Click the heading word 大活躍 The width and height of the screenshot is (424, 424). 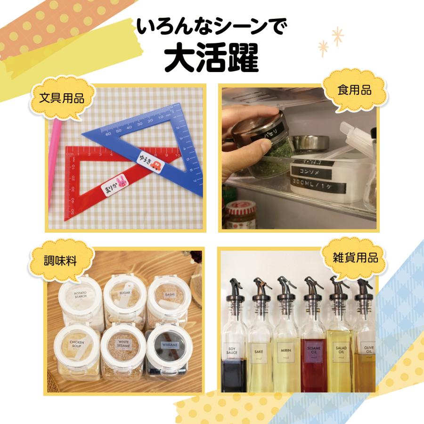[x=212, y=58]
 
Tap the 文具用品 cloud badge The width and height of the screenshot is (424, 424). [x=62, y=99]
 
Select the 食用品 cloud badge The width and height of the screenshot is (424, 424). [x=354, y=90]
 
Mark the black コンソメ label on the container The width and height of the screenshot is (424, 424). [x=311, y=170]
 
